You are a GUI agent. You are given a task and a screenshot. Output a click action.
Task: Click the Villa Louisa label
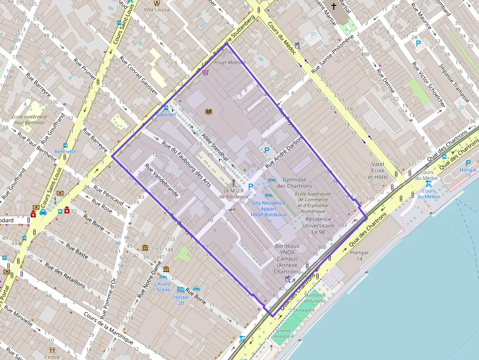[x=156, y=9]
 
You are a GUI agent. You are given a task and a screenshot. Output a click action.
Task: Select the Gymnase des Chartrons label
[x=294, y=183]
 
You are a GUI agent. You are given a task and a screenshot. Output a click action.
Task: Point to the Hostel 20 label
[x=181, y=300]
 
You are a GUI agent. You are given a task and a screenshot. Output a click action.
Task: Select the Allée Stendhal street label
[x=213, y=146]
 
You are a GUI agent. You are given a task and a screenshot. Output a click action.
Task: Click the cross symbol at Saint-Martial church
[x=334, y=6]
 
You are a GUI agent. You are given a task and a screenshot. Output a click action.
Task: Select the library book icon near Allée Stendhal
[x=209, y=112]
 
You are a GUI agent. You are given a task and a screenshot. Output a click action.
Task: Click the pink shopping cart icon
[x=205, y=73]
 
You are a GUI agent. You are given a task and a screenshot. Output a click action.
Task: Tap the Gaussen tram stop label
[x=166, y=114]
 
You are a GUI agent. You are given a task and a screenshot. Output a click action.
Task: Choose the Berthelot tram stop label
[x=65, y=152]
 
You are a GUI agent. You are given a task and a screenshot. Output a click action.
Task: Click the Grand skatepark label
[x=283, y=334]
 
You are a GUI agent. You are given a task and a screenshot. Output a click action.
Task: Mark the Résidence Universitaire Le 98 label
[x=318, y=226]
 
